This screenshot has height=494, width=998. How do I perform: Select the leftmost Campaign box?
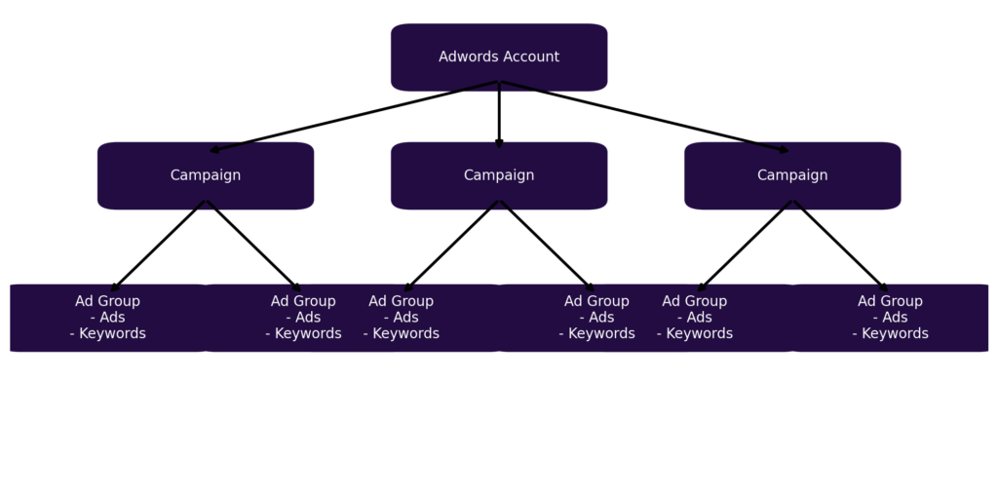pos(206,175)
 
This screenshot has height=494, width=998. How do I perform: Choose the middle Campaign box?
pos(499,175)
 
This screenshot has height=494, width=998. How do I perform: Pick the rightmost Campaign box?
pos(792,175)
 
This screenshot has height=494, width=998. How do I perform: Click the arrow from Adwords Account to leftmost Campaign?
pos(354,117)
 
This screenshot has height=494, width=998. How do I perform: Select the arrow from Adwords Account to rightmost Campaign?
pos(645,117)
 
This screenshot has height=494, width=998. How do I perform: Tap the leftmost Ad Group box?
pos(107,318)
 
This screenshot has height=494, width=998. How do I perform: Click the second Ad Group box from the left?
pos(303,318)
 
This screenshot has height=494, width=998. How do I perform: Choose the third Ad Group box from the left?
pos(402,318)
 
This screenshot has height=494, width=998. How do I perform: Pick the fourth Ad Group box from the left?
pos(596,318)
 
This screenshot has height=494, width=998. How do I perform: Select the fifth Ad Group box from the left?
pos(694,318)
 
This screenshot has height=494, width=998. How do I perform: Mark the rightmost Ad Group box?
pos(890,318)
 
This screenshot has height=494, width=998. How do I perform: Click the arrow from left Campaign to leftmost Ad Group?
pos(158,246)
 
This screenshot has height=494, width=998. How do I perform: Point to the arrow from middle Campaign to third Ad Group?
pos(451,246)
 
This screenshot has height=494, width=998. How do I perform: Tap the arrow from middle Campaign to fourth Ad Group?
pos(547,246)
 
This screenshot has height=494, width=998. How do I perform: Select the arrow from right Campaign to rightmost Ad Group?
pos(840,246)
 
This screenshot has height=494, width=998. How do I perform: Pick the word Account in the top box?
pos(530,57)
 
